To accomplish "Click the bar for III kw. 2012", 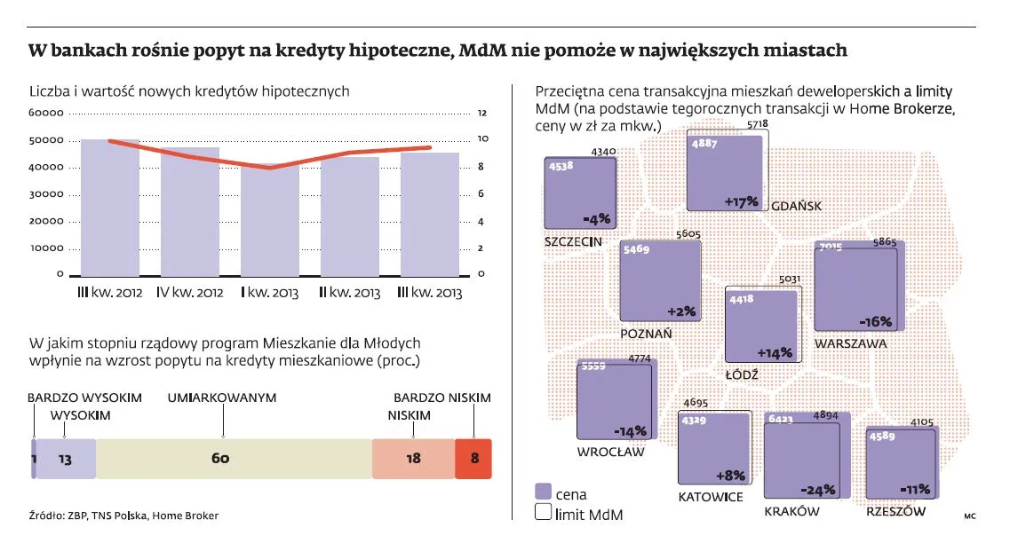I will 110,208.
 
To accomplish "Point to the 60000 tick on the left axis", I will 47,114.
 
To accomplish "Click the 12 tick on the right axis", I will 482,114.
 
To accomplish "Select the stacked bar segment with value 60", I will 233,459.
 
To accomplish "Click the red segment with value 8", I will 473,459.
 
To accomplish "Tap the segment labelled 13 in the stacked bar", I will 66,459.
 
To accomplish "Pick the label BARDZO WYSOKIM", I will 84,398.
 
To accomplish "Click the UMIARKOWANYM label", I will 222,398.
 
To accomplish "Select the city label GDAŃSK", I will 796,206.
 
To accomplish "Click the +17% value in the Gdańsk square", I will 741,201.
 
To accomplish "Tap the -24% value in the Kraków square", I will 816,490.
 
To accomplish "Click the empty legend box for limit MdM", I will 544,514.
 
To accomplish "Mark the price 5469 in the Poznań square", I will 636,250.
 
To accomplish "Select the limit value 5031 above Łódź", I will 790,279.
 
